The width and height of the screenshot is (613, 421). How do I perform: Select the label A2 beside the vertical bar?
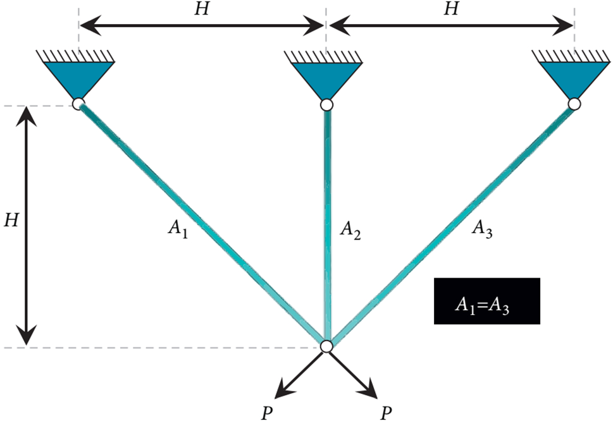pos(350,229)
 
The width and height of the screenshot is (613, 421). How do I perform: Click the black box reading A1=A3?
pos(486,302)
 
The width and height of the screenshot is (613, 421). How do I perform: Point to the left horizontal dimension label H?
pos(201,10)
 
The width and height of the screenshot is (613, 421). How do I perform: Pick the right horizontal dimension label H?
pos(450,10)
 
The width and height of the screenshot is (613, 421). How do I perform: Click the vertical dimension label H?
pos(11,221)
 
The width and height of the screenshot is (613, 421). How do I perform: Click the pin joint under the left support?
pos(78,104)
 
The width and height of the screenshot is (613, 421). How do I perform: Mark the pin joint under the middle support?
pos(326,104)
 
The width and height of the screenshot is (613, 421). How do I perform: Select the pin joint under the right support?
pos(574,104)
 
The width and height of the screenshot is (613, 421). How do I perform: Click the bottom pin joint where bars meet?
pos(326,346)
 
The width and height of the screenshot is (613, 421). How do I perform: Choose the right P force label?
pos(385,412)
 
